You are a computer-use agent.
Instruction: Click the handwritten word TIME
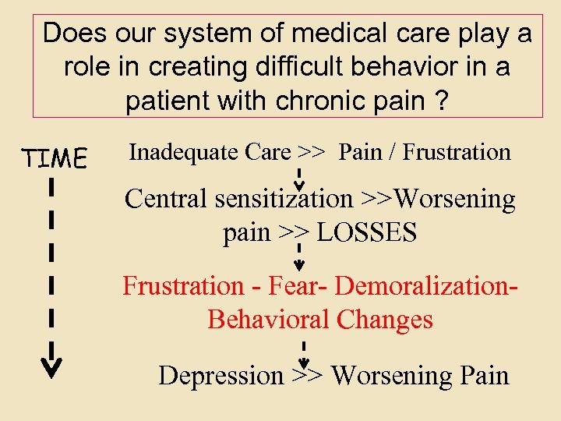pyautogui.click(x=55, y=158)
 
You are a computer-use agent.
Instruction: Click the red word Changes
pyautogui.click(x=387, y=320)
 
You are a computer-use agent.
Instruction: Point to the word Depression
pyautogui.click(x=221, y=375)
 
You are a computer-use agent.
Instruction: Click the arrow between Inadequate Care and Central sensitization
pyautogui.click(x=299, y=175)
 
